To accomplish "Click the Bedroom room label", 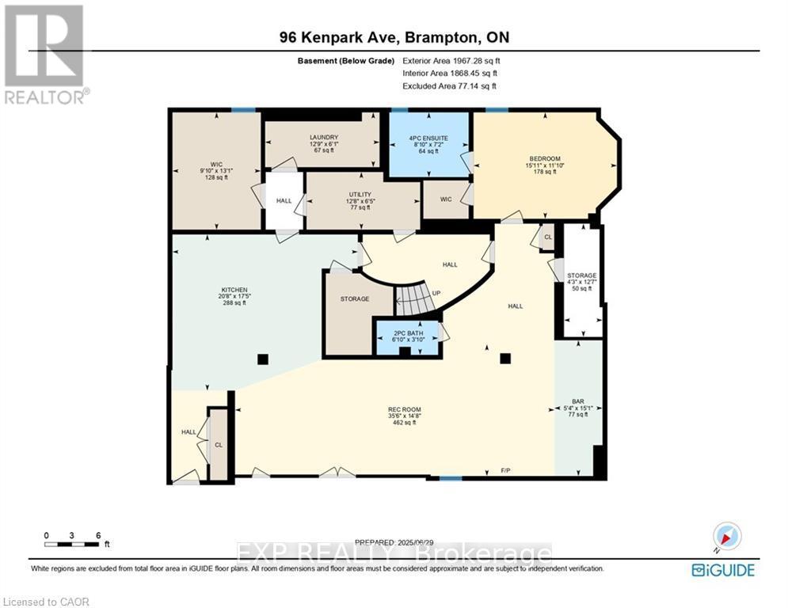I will point(544,159).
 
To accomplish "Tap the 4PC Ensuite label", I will point(428,137).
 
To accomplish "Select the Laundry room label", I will point(323,137).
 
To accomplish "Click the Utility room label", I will point(360,194).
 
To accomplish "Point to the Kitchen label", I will point(234,290).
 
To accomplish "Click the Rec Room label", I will point(402,409).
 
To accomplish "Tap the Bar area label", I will point(578,401).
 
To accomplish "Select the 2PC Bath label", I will point(405,332).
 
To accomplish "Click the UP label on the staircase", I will point(436,292).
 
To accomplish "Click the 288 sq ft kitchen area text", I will point(234,303).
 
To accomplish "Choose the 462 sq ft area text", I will point(402,423).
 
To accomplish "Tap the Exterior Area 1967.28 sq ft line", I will point(451,60).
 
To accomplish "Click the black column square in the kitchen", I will point(262,359).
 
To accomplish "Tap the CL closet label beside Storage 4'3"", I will point(547,237).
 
